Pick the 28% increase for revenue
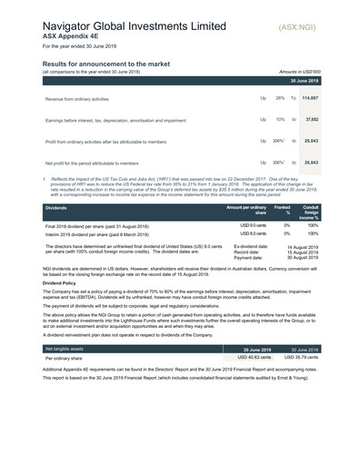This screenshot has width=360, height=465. tap(280, 97)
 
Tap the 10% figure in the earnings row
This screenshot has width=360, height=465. tap(280, 119)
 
